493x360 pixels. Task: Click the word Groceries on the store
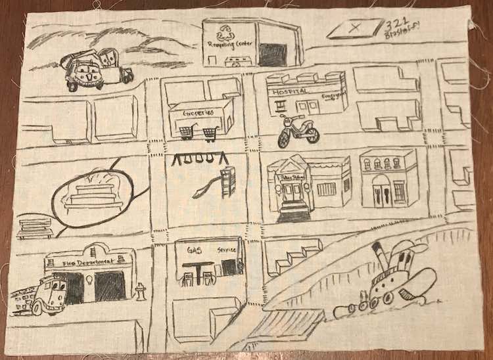[201, 113]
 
